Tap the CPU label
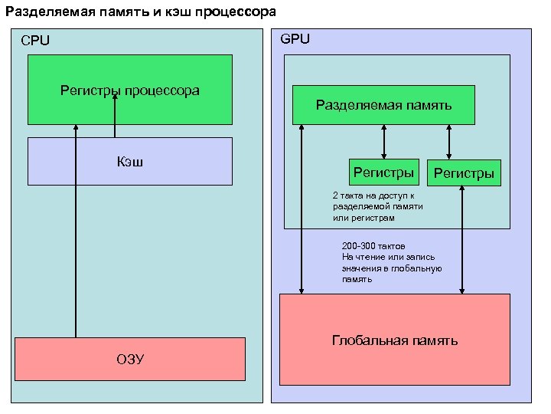pos(35,41)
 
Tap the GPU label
pos(295,38)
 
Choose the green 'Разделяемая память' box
pos(383,105)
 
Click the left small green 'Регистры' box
pos(383,172)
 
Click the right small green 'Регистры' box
pos(464,173)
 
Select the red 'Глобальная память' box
pos(394,340)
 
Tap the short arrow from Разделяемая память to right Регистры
pos(449,142)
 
